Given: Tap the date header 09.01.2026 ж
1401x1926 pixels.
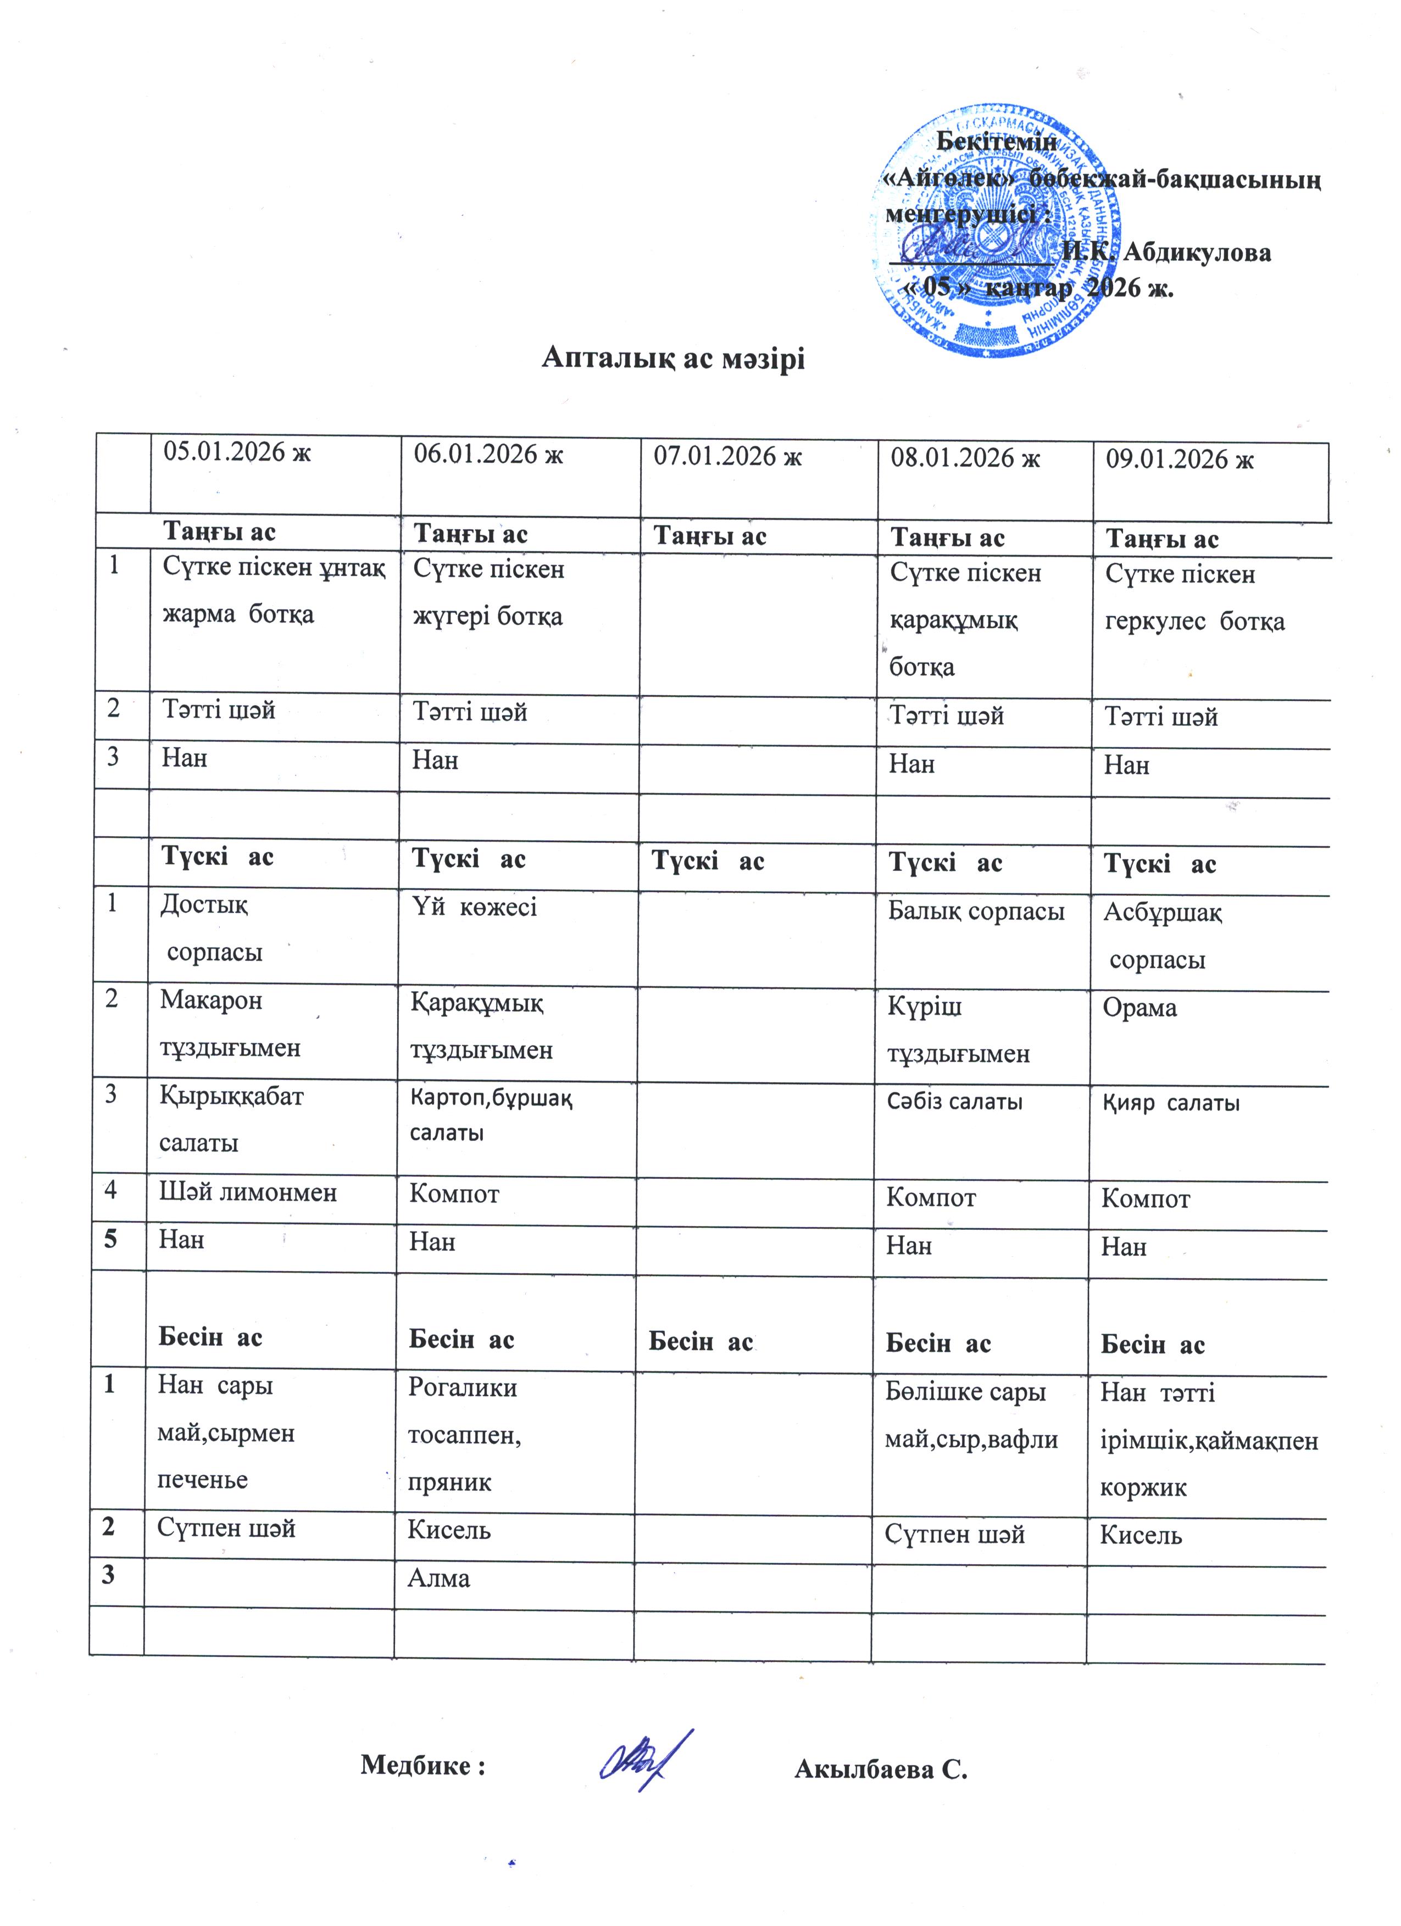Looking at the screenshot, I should [1179, 460].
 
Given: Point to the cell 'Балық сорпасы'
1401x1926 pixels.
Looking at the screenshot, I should [976, 911].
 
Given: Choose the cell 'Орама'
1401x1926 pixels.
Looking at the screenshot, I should [1139, 1008].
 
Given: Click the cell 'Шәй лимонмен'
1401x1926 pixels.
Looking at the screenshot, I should [248, 1192].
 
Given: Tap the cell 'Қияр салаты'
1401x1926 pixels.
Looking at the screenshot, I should [1171, 1103].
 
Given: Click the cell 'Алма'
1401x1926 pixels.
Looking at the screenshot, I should [438, 1578].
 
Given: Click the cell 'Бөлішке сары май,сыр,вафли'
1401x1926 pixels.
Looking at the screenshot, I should [971, 1415].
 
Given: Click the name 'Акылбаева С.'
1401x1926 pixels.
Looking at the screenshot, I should [881, 1770].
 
